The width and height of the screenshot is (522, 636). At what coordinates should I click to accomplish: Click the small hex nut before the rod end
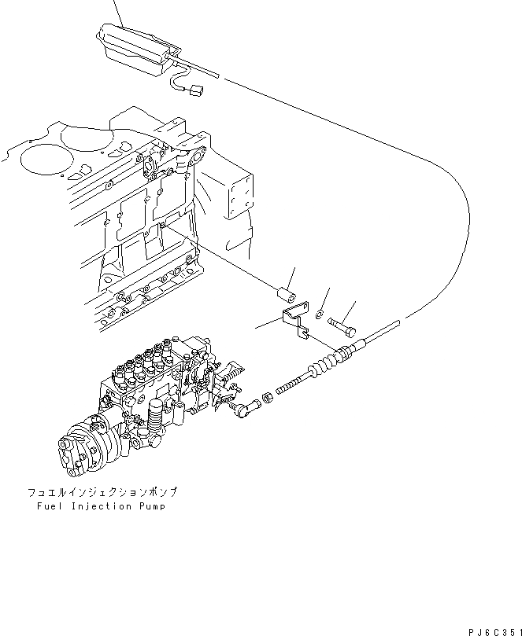coord(265,399)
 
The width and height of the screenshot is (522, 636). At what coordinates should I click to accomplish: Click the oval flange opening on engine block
coord(192,158)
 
